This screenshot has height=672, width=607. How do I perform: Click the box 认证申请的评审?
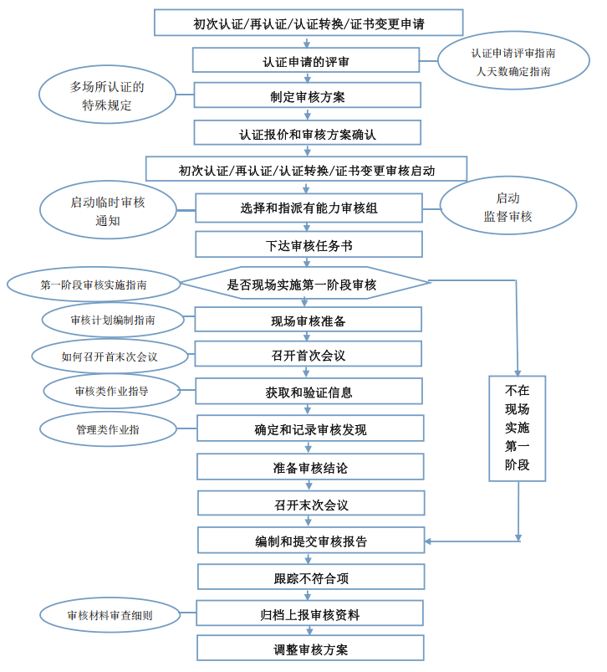(307, 60)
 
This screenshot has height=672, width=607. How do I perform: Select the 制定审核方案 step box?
(307, 96)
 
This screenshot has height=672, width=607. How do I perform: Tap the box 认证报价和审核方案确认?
(307, 133)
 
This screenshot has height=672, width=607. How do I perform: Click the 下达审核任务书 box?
(309, 245)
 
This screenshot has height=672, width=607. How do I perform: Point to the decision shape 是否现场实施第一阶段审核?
(307, 285)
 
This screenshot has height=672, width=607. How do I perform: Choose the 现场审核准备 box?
(308, 321)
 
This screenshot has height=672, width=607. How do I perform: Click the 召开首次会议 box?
(308, 355)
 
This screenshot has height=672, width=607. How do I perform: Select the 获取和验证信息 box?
(308, 392)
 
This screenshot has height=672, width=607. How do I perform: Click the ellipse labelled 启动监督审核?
(508, 208)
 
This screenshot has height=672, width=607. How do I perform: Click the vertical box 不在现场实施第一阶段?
(518, 428)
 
